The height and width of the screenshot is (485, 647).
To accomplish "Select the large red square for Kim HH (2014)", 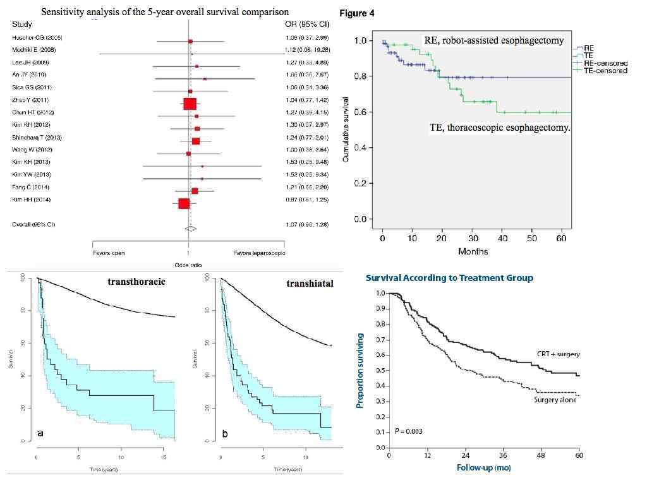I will (184, 203).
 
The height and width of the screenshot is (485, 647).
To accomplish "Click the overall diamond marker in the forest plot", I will (190, 228).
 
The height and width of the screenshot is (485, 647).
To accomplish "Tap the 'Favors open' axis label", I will (109, 253).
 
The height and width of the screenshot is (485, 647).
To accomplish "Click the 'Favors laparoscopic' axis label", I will (259, 253).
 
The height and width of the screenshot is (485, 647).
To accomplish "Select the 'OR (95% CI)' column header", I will (307, 24).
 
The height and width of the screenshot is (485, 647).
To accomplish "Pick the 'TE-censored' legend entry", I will (605, 71).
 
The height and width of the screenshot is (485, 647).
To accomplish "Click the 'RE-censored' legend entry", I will (605, 63).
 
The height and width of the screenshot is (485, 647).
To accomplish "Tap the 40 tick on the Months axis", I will (502, 238).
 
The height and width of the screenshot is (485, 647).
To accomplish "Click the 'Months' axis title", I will (473, 251).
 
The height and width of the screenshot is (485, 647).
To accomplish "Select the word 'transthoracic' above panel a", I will (136, 282).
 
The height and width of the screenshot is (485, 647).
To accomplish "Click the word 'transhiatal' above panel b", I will (310, 284).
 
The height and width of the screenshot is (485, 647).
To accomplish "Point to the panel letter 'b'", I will (226, 434).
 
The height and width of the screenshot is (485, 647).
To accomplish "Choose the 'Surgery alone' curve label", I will (555, 400).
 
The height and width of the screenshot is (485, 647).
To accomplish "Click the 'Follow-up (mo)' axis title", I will (484, 468).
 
